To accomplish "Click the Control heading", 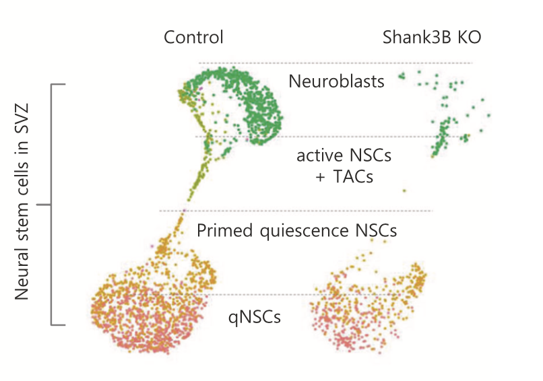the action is (193, 37).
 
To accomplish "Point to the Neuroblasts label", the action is (336, 82).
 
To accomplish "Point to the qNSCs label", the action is (254, 314).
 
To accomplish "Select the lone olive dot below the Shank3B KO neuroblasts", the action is (404, 191).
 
